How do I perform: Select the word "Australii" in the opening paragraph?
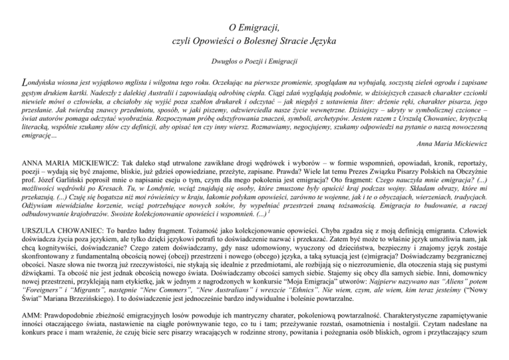tap(144, 94)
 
